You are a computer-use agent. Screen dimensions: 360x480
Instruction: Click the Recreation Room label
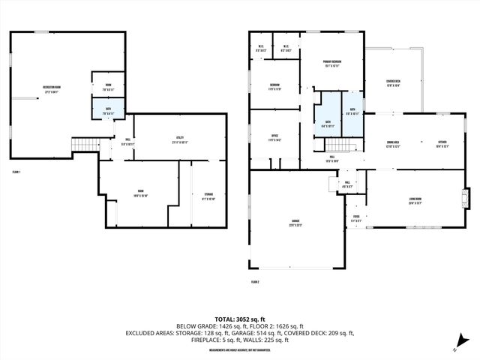click(x=52, y=89)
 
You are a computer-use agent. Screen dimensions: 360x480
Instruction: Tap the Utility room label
click(x=180, y=139)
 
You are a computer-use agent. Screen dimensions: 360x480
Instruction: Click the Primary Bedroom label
click(x=332, y=63)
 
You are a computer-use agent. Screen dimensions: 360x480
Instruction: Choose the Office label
click(x=275, y=138)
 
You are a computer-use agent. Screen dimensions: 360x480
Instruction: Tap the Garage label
click(x=296, y=221)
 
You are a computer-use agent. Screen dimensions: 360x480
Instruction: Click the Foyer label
click(x=356, y=220)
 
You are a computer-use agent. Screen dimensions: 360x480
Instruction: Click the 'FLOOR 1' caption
click(x=16, y=172)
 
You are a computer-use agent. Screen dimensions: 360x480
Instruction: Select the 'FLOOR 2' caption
click(x=256, y=281)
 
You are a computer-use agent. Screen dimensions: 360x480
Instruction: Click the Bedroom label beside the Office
click(x=275, y=87)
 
